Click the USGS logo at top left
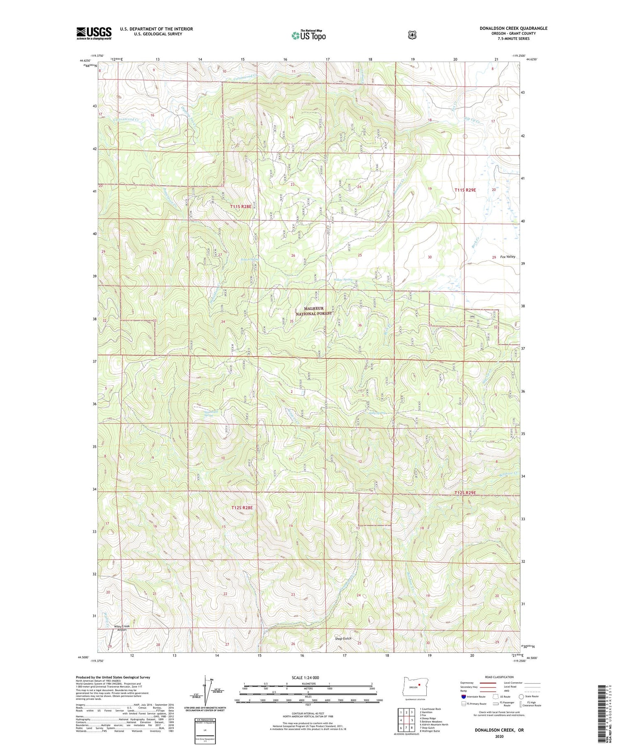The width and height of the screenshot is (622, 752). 94,33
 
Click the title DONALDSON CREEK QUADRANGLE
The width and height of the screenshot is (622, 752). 513,28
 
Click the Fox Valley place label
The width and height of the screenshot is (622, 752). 508,256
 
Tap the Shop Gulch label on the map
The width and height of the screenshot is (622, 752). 343,638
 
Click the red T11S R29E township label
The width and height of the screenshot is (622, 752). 465,190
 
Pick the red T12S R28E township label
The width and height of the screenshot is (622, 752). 242,507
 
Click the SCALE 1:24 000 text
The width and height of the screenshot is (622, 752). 305,677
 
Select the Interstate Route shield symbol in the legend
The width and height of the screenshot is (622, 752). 464,696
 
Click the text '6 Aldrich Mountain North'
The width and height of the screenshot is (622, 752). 434,725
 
